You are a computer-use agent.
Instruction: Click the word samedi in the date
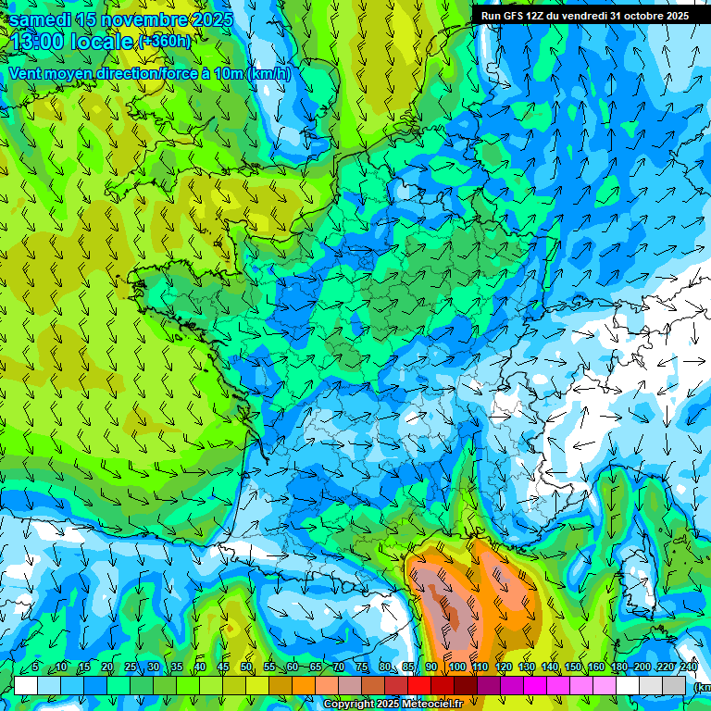[x=40, y=19]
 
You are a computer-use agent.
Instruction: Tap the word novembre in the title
[x=144, y=19]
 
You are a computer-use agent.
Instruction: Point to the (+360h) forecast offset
[x=164, y=42]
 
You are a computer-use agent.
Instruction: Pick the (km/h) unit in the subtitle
[x=269, y=74]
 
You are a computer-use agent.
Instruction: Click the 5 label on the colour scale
[x=35, y=667]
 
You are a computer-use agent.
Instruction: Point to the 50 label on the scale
[x=246, y=667]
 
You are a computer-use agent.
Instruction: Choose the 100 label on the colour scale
[x=456, y=667]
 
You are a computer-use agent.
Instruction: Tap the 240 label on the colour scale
[x=689, y=667]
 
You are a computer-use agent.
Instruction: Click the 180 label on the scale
[x=619, y=667]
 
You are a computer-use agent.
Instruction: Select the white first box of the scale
[x=26, y=685]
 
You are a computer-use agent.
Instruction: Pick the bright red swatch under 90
[x=419, y=685]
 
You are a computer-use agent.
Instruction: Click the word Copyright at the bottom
[x=349, y=705]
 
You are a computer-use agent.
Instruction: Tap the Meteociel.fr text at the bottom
[x=433, y=705]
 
